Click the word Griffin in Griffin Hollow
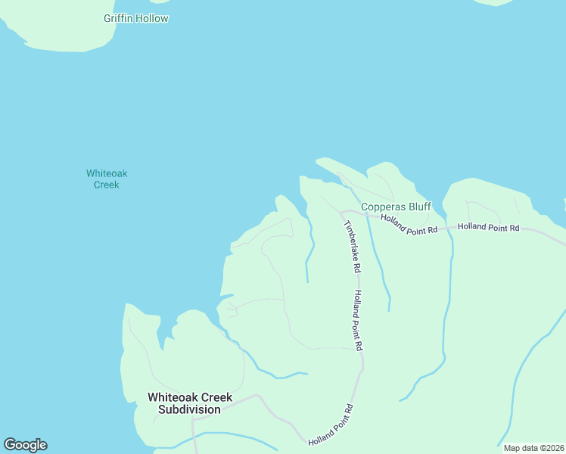(120, 18)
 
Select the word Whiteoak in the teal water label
(107, 173)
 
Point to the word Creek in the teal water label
(107, 185)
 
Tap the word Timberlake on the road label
(350, 241)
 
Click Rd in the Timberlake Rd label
(356, 266)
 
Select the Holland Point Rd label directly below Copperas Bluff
(409, 225)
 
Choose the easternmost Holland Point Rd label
(488, 227)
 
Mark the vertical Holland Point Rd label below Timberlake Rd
(359, 319)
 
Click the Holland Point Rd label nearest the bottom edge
(331, 424)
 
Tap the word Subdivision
(189, 409)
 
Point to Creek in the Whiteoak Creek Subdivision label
(218, 397)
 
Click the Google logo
(25, 445)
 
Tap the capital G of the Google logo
(10, 445)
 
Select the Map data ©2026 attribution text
(533, 448)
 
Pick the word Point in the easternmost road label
(496, 227)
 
